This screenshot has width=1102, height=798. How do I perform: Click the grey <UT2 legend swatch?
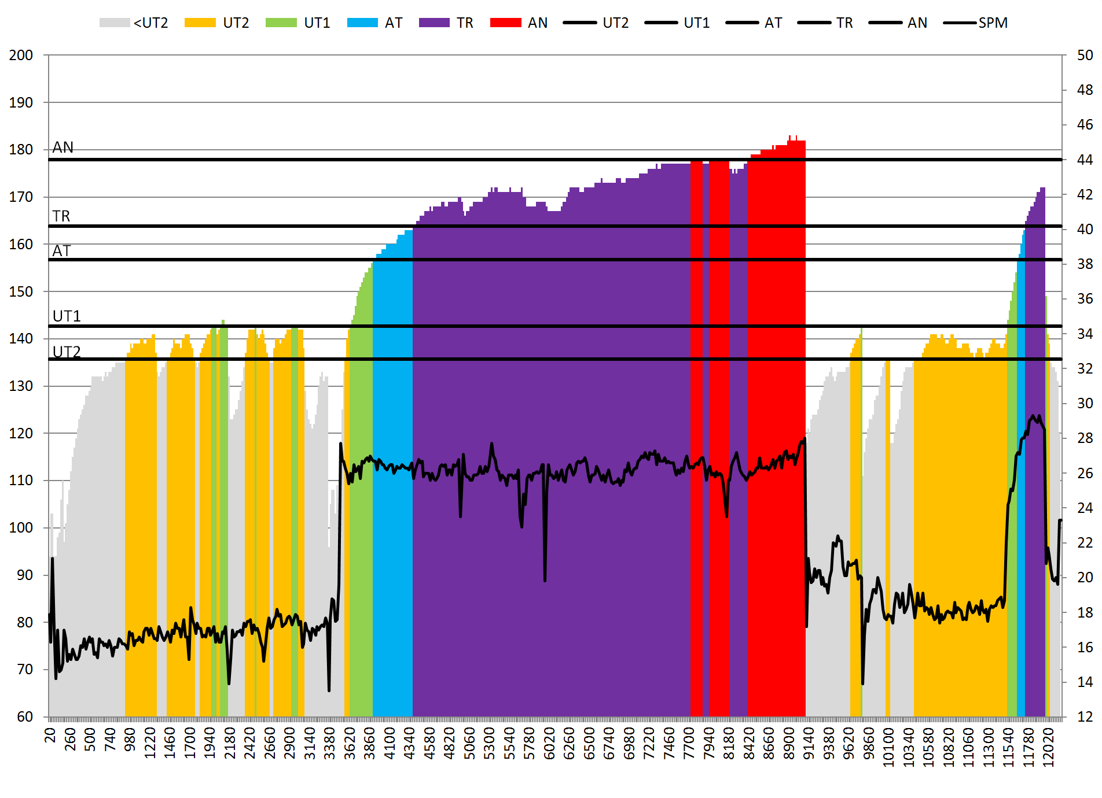114,23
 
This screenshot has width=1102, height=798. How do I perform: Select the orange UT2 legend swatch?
200,23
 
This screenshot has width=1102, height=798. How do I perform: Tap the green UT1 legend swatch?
281,23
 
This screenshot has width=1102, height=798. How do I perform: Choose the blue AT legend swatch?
362,23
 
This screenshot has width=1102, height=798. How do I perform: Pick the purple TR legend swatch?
434,23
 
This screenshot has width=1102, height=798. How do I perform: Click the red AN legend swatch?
505,23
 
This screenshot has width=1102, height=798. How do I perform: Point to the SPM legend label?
993,23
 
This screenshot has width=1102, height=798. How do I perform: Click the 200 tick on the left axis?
21,56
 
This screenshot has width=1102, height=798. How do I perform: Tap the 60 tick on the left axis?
25,717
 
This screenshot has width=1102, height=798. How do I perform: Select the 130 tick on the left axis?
21,386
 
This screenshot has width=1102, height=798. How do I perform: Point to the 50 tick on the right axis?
1085,56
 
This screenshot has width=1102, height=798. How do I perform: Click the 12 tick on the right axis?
1085,717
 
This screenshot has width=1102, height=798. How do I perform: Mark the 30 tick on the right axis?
1085,404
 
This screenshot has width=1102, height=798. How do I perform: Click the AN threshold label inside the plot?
63,147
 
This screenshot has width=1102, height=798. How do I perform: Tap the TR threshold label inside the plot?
61,216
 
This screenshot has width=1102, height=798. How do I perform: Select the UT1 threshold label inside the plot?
67,316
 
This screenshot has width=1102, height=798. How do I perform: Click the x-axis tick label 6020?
549,744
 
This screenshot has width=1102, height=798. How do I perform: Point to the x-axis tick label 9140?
809,744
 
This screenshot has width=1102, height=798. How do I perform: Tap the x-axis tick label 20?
50,735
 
